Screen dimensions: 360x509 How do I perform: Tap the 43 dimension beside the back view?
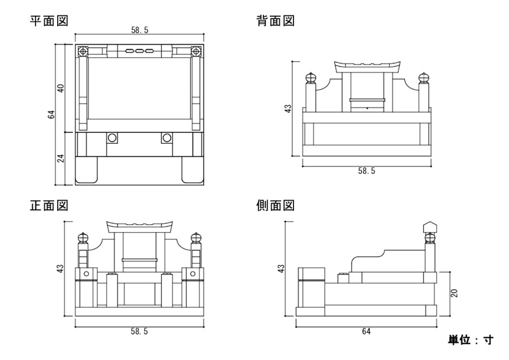287,108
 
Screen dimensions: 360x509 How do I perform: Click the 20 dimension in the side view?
454,293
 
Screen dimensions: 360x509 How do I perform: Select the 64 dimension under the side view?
366,332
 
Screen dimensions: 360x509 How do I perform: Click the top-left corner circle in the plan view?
83,52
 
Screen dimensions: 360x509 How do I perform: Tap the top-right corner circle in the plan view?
196,52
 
